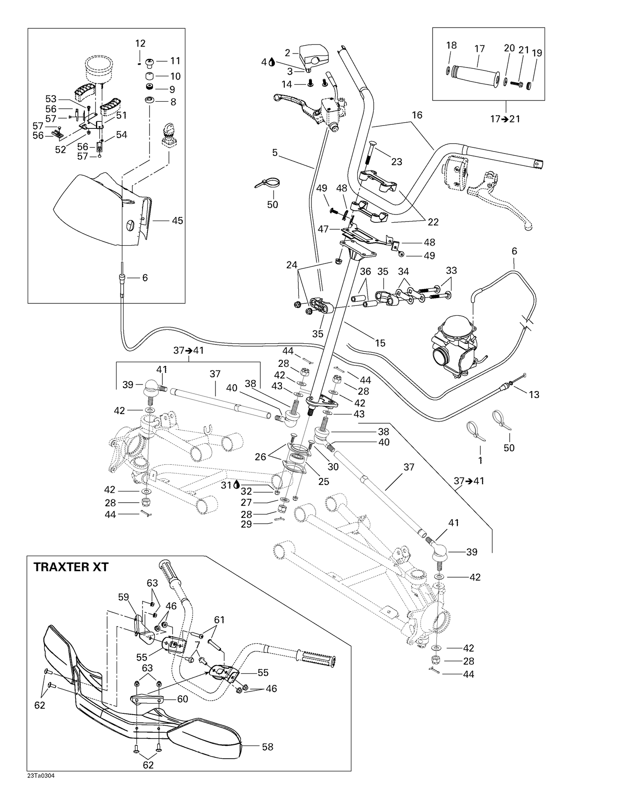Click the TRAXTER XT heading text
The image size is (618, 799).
[x=70, y=567]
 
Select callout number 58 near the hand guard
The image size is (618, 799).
[x=267, y=747]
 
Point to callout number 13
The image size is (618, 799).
[x=534, y=395]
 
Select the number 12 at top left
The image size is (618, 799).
[x=140, y=43]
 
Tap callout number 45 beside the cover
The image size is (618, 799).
[x=177, y=221]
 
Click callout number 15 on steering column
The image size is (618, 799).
[x=380, y=342]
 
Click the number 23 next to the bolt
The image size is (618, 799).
[x=396, y=162]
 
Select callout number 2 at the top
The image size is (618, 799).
[x=288, y=53]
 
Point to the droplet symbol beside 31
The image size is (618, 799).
[x=236, y=485]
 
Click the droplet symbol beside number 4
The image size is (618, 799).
[x=272, y=62]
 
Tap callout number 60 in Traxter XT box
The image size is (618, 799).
[x=183, y=699]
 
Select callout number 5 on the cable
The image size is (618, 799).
[x=275, y=153]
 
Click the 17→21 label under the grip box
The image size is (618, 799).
[x=505, y=119]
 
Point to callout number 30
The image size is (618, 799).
[x=333, y=466]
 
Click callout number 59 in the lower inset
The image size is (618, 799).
[x=123, y=596]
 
